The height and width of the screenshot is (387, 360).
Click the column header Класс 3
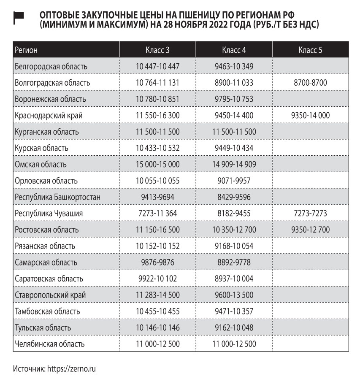click(x=158, y=50)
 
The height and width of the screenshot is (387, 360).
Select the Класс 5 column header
click(x=310, y=50)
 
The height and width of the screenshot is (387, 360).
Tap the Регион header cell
click(x=26, y=50)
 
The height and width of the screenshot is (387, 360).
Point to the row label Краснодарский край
click(x=49, y=115)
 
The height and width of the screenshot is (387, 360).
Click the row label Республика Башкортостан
click(x=57, y=197)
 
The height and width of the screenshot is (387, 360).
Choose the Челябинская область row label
click(x=49, y=344)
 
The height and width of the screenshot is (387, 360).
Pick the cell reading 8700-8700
click(x=310, y=83)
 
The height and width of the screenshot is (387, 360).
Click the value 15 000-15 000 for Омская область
click(x=158, y=165)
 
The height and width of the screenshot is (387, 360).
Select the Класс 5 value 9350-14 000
click(x=310, y=115)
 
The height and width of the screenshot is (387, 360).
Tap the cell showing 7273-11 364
click(x=158, y=214)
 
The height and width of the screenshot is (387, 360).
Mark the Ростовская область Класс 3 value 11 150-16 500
click(x=158, y=230)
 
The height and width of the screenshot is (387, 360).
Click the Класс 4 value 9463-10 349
click(x=234, y=66)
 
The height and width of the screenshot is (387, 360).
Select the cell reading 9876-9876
click(x=158, y=263)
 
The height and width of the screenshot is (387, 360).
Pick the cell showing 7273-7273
click(x=310, y=214)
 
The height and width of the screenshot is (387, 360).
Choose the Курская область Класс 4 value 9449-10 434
click(x=234, y=148)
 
